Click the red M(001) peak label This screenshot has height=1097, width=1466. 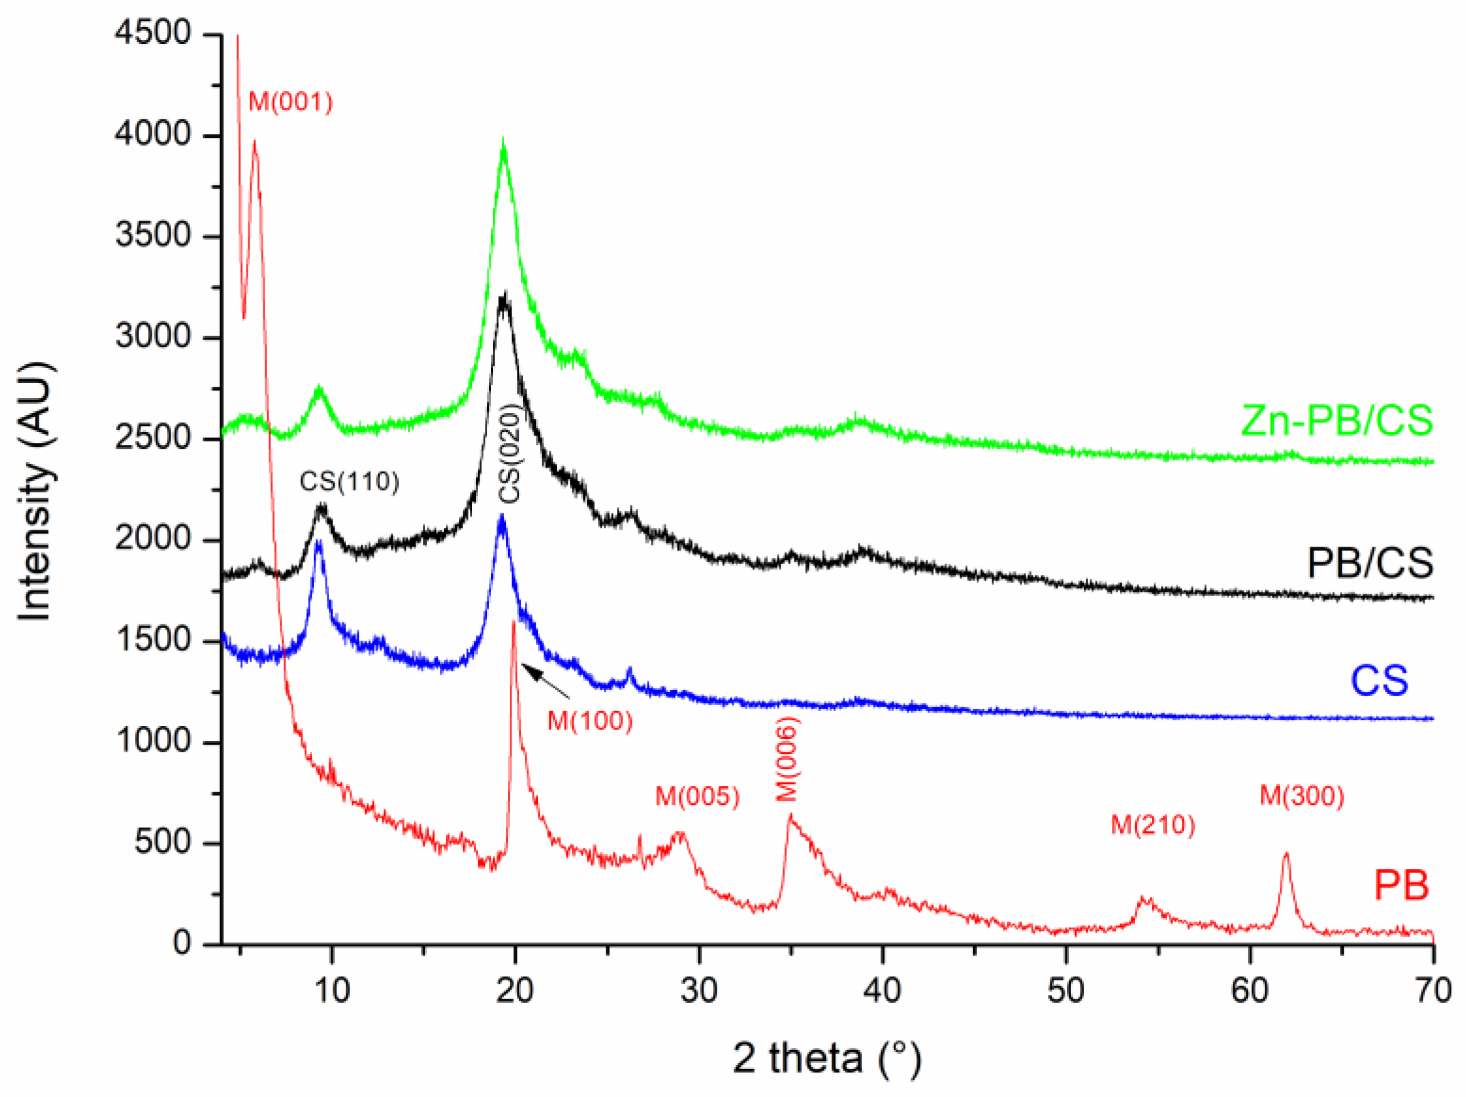pyautogui.click(x=290, y=103)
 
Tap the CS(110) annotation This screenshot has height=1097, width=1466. pyautogui.click(x=349, y=481)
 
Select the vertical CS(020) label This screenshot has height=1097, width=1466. pyautogui.click(x=510, y=453)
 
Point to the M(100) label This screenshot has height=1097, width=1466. pyautogui.click(x=590, y=721)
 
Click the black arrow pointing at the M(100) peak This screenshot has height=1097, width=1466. pyautogui.click(x=545, y=680)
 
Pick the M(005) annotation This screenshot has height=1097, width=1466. pyautogui.click(x=697, y=795)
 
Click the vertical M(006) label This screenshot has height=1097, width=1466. pyautogui.click(x=787, y=759)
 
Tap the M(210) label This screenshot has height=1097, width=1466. pyautogui.click(x=1153, y=825)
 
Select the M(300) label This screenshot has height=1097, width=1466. pyautogui.click(x=1302, y=795)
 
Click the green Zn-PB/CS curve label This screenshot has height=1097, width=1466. pyautogui.click(x=1336, y=421)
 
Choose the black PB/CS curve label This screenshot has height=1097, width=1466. pyautogui.click(x=1370, y=563)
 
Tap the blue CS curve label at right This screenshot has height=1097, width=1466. pyautogui.click(x=1379, y=680)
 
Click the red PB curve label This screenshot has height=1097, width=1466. pyautogui.click(x=1401, y=885)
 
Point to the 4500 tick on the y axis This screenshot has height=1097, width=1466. pyautogui.click(x=152, y=33)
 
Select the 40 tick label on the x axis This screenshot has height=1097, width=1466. pyautogui.click(x=882, y=991)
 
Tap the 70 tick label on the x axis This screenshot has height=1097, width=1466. pyautogui.click(x=1432, y=991)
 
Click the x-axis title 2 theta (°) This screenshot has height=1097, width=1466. pyautogui.click(x=826, y=1058)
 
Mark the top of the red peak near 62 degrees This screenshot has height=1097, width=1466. pyautogui.click(x=1287, y=854)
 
